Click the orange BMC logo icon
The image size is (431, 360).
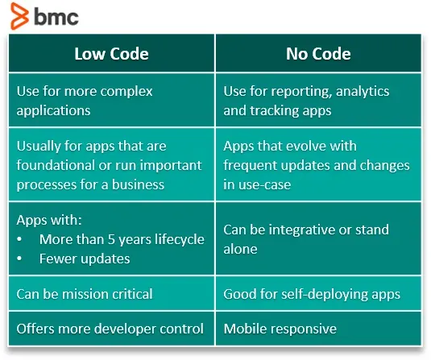click(19, 15)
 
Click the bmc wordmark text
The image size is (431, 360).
click(56, 17)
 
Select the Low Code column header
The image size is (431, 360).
click(112, 53)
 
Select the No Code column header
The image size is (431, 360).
click(318, 53)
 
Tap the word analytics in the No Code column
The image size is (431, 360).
click(363, 92)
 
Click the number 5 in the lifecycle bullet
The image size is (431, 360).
click(111, 239)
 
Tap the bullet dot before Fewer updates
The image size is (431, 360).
click(19, 259)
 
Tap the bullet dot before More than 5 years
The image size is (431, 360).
click(19, 239)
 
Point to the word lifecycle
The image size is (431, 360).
click(180, 240)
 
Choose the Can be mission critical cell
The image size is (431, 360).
click(112, 293)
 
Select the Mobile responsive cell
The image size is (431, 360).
click(318, 329)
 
